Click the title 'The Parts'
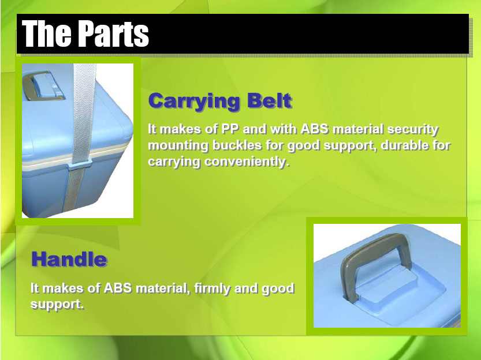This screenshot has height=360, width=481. click(85, 33)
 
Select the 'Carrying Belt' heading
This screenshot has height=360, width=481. click(220, 101)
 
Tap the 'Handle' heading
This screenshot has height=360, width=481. click(69, 259)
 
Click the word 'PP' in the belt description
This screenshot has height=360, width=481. click(230, 129)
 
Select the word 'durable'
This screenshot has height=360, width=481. click(403, 145)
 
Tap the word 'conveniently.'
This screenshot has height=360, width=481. click(247, 162)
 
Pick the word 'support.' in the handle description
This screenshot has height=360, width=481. click(57, 305)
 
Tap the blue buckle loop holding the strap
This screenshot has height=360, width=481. click(79, 165)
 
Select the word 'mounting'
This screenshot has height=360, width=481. click(178, 146)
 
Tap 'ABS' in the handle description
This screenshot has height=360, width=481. click(118, 288)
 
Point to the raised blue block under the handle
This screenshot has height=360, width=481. click(386, 283)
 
